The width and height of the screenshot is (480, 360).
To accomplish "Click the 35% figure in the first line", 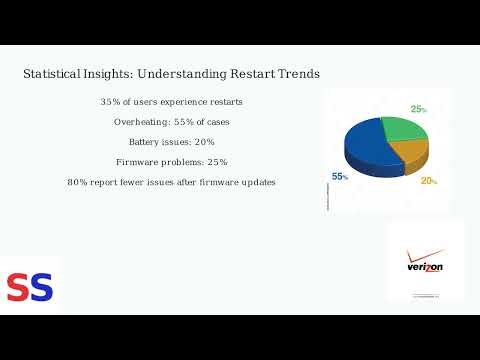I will click(110, 102).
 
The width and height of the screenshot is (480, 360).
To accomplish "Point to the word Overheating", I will click(143, 122).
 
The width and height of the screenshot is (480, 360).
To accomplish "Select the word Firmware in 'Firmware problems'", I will click(137, 162).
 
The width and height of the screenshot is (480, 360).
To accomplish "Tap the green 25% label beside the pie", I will click(418, 109).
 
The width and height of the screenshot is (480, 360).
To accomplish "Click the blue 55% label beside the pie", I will click(340, 176).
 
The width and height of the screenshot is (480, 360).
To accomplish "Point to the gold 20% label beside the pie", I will click(428, 181).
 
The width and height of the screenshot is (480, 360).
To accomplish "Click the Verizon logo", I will click(424, 262).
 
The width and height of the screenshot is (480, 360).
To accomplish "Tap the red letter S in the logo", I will click(17, 288).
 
